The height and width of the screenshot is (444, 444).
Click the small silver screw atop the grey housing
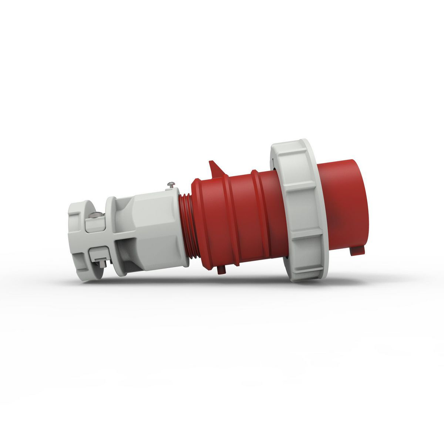point(171,185)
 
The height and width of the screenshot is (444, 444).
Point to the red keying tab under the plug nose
point(357,250)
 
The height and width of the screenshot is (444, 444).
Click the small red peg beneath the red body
point(221,269)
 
